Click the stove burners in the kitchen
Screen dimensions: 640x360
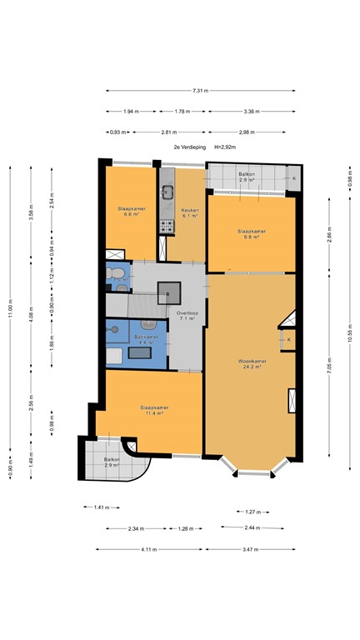[167, 225]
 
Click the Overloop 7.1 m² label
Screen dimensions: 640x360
[187, 315]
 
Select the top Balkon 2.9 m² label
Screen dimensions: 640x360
[247, 177]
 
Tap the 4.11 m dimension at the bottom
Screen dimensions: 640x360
[149, 549]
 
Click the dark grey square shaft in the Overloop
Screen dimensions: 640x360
[170, 292]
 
